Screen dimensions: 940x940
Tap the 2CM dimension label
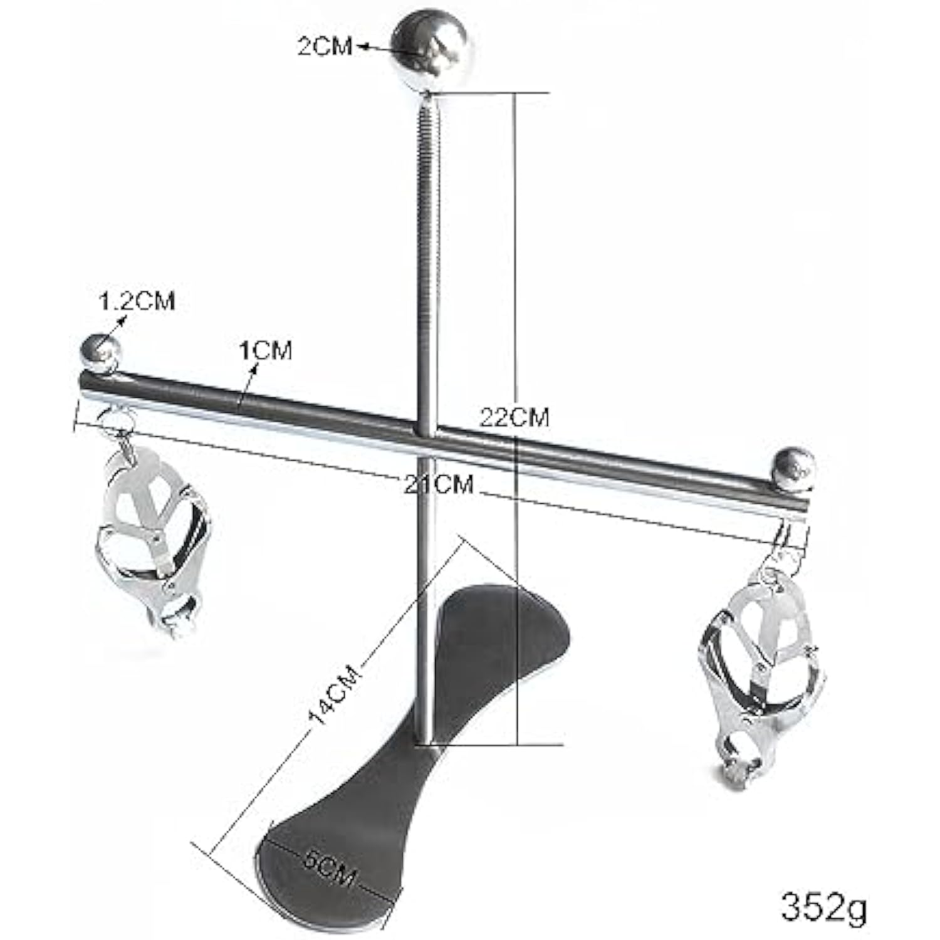click(x=325, y=46)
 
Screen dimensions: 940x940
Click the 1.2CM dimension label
click(x=137, y=301)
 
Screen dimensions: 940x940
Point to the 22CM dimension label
click(x=514, y=416)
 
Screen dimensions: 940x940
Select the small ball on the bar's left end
click(x=100, y=353)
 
